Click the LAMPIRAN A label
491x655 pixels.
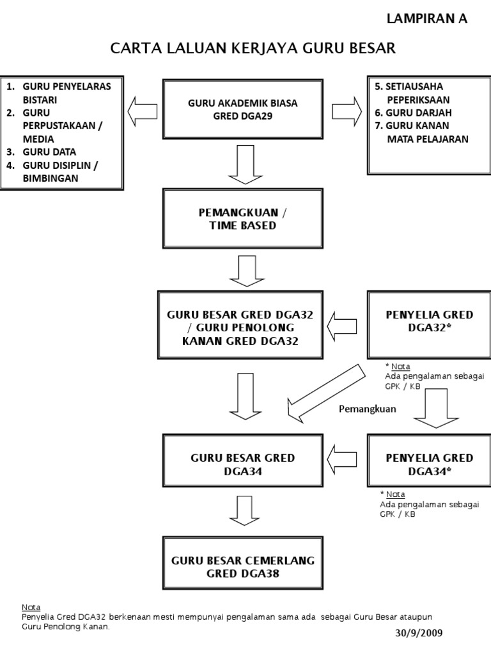pos(427,19)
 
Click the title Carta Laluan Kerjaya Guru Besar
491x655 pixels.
pos(253,49)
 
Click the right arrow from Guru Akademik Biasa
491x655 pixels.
pos(346,109)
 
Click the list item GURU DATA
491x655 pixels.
pos(49,152)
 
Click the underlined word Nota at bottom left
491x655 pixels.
pos(31,606)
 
